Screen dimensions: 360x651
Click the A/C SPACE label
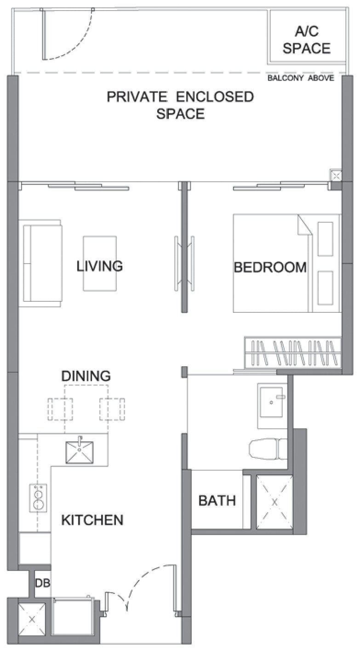307,40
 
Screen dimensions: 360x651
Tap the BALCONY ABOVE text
301,78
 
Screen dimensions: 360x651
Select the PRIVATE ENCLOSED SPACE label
180,105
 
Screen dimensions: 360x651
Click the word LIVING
100,266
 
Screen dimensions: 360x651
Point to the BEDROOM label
270,267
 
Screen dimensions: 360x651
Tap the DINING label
86,376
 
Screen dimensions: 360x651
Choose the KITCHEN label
92,520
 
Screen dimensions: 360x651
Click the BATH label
217,501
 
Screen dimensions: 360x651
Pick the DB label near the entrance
42,582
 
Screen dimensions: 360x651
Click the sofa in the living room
40,263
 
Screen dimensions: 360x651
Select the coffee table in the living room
100,263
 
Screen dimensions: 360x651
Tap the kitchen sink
80,452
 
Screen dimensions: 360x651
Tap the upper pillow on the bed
326,239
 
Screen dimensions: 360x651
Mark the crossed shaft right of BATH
274,502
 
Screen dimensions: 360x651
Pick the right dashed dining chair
112,409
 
